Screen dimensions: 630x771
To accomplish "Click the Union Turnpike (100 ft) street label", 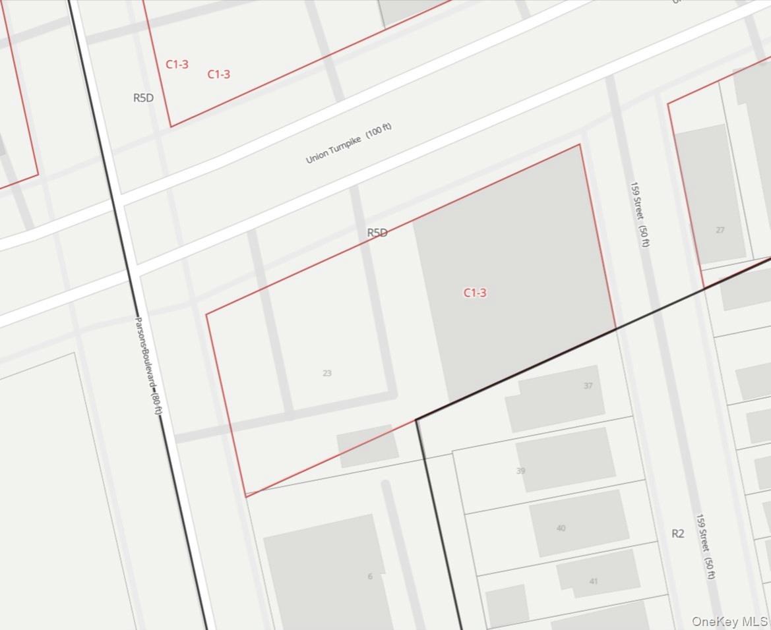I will pos(349,143).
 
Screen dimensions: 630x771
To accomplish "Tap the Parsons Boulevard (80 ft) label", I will pos(148,366).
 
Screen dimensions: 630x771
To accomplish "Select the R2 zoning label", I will pos(678,534).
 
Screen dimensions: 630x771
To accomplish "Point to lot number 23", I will pos(327,373).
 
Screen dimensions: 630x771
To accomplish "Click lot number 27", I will pos(720,230).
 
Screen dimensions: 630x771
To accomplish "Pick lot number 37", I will pos(588,386).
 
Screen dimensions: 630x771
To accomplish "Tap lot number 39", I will pos(521,471).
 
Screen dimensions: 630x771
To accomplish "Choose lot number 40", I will pos(561,528).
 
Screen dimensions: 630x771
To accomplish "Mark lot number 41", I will pos(594,581).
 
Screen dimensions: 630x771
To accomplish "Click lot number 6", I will pos(370,577).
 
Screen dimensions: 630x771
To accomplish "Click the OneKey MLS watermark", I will pos(729,621).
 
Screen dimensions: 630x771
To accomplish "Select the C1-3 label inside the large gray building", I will pos(475,293).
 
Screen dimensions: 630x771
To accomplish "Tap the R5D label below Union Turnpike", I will pos(377,233).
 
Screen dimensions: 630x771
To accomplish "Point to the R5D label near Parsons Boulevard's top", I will pos(143,98).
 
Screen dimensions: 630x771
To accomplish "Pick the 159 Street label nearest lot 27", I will pos(640,215).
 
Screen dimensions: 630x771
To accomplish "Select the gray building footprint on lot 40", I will pos(579,523).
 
